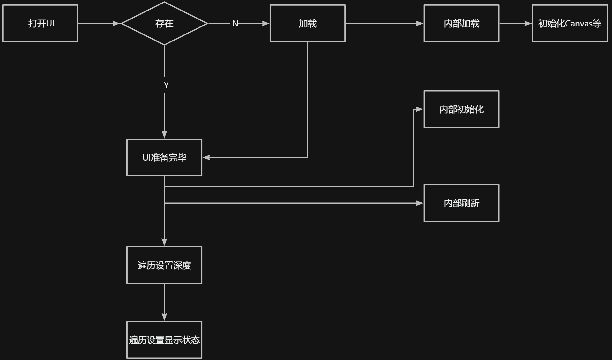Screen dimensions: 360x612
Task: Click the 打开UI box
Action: [40, 23]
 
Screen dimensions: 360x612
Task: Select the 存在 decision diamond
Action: [164, 23]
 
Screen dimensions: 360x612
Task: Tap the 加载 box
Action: [307, 23]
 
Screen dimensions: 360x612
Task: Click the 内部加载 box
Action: [461, 23]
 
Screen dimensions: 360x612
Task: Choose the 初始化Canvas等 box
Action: [570, 23]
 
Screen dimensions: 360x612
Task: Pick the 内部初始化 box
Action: [461, 109]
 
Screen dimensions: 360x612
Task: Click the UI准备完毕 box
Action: [164, 157]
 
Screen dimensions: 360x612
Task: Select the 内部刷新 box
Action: [461, 203]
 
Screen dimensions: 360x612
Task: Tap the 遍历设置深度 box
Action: [164, 265]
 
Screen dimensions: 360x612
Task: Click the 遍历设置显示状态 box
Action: [164, 340]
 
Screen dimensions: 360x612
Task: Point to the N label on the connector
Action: [235, 23]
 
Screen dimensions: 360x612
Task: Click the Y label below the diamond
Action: [166, 85]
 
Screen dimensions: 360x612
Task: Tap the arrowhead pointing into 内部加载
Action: [420, 23]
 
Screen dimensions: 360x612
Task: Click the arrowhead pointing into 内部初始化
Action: [420, 109]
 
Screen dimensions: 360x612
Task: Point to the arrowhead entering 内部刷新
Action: [420, 203]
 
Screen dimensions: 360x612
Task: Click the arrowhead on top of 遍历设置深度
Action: [164, 242]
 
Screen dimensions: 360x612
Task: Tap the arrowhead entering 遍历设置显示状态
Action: [164, 317]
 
